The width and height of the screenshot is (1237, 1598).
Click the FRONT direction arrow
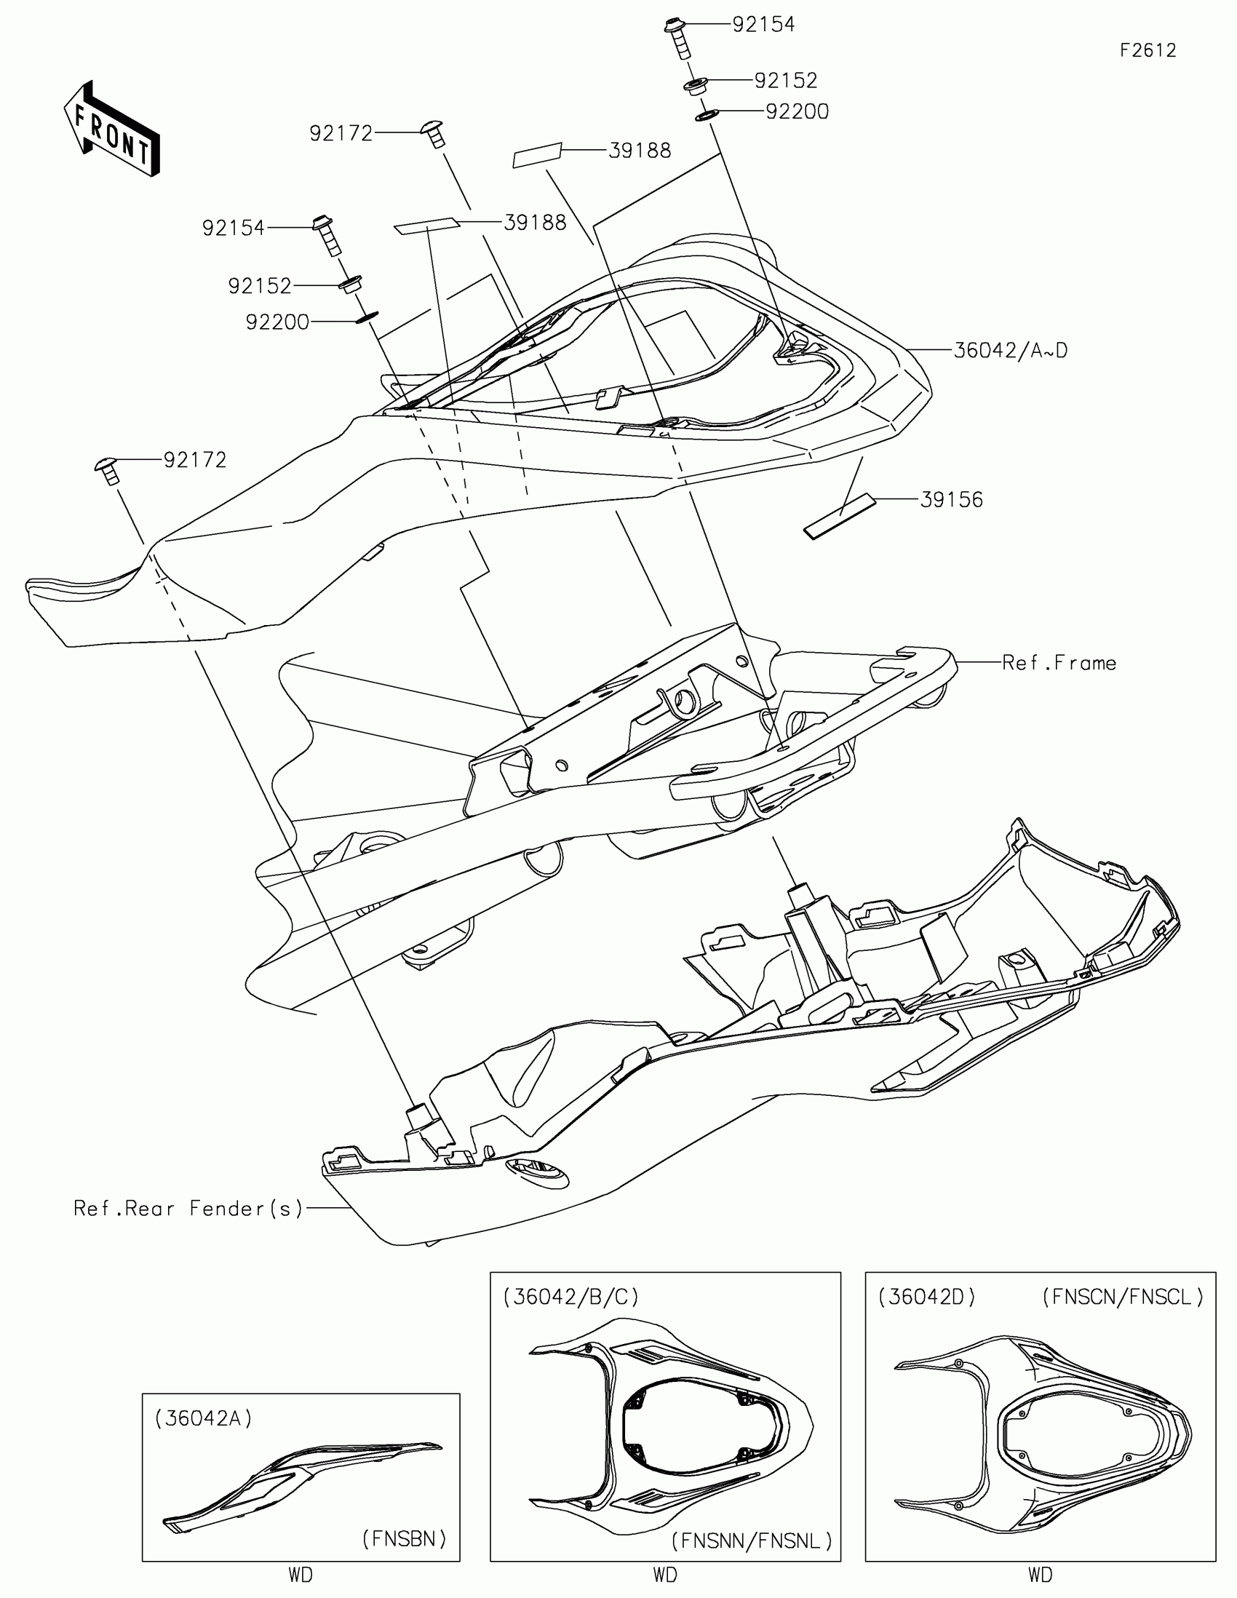(112, 129)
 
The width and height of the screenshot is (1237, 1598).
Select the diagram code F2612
(1147, 50)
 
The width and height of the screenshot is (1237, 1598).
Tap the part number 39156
(951, 500)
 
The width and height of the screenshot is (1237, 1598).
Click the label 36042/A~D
(1010, 351)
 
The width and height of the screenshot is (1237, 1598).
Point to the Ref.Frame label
(1059, 663)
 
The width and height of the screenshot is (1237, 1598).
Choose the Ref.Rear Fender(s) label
(188, 1208)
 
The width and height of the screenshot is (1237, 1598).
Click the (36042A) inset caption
(203, 1419)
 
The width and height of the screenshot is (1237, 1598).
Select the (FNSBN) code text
(404, 1539)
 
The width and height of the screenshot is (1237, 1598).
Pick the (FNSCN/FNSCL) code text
(1122, 1297)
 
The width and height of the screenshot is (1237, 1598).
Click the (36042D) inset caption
(927, 1297)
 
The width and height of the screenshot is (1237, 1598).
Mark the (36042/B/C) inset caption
(570, 1297)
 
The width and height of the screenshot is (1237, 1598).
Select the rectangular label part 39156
(840, 517)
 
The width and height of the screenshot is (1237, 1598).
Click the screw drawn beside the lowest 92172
(108, 470)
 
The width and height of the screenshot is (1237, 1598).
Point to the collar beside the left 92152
(351, 284)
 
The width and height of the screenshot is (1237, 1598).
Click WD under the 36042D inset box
(1040, 1575)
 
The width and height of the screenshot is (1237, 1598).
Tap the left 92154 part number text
(234, 228)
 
